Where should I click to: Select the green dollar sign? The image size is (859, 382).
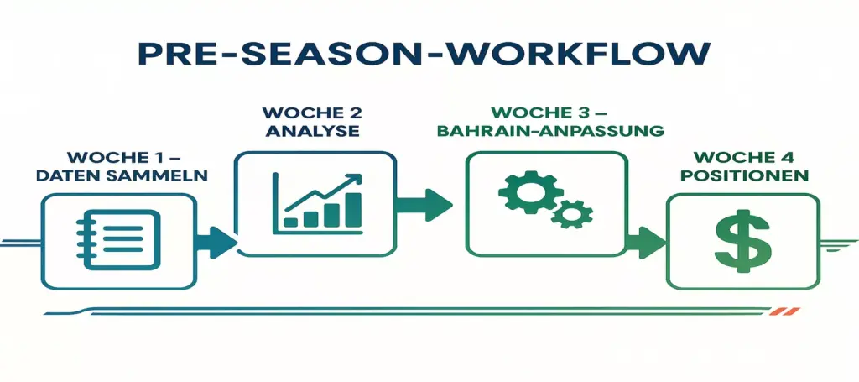[x=742, y=240]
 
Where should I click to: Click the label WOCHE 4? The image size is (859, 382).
[x=742, y=157]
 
